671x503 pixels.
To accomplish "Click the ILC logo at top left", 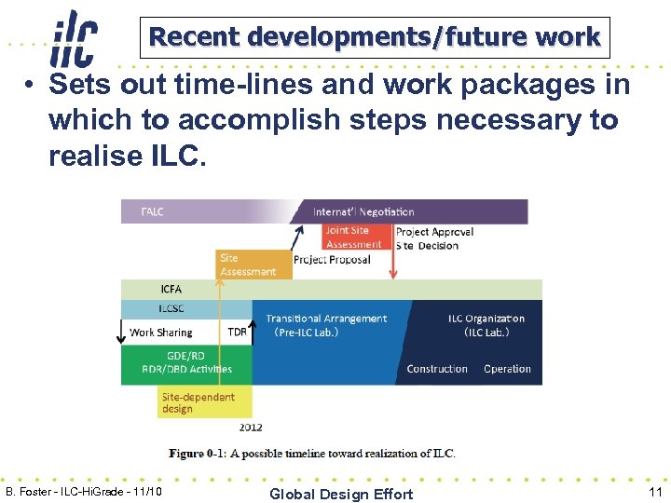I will coord(75,36).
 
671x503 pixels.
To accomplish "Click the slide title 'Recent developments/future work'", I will coord(375,37).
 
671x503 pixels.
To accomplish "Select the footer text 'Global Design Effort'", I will coord(340,494).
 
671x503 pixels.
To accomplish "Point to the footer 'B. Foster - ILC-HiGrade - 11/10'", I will coord(84,491).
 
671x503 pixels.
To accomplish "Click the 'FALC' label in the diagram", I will coord(152,211).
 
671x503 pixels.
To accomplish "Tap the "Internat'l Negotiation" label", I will coord(363,211).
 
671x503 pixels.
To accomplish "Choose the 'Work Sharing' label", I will coord(161,333).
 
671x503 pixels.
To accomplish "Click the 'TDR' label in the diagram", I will coord(237,333).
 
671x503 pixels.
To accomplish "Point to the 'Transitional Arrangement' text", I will coord(326,319).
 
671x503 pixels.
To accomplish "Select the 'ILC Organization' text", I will coord(486,319).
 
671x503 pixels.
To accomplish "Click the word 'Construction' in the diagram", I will coord(437,369).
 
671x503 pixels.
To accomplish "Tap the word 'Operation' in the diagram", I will coord(507,369).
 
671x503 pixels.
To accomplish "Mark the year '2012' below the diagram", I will coord(251,428).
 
